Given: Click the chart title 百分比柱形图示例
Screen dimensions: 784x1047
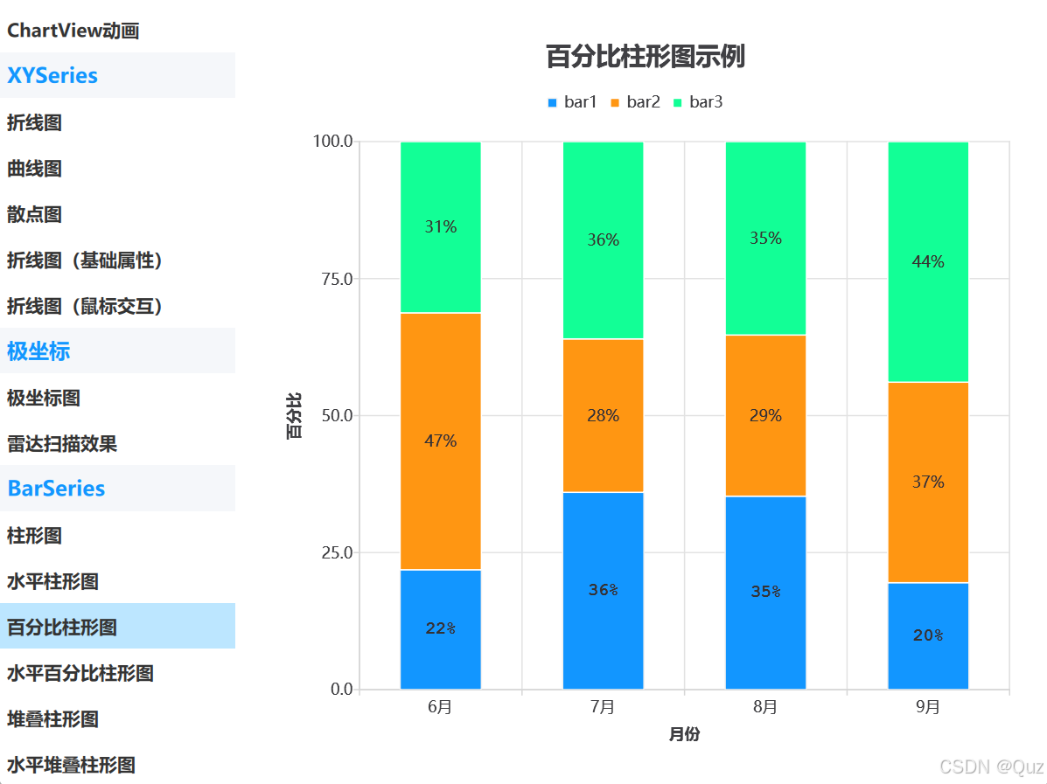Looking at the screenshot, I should point(645,58).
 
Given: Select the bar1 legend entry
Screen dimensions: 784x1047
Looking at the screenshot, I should point(572,102).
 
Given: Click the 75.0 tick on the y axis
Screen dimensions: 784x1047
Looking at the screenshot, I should point(332,279).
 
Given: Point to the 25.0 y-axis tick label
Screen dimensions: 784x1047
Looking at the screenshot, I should point(332,552).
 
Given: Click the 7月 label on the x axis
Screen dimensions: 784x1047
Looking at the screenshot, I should point(603,707).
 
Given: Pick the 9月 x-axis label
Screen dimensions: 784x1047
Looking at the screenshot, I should point(928,707).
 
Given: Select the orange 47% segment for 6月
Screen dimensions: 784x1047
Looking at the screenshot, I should point(440,441).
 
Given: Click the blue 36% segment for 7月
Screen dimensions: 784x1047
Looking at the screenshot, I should point(603,590).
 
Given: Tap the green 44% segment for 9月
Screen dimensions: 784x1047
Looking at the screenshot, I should point(928,261).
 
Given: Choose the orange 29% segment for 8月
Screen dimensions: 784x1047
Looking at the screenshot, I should point(765,416).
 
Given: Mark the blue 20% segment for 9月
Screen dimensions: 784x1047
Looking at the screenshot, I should point(928,635).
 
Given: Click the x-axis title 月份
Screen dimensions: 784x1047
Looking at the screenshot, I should point(684,735).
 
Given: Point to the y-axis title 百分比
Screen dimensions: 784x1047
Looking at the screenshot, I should point(295,416).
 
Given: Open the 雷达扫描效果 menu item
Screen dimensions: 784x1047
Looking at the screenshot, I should point(62,444).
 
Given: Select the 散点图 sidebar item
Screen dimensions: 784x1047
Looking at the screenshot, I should point(35,214).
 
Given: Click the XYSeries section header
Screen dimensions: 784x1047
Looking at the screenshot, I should point(52,76).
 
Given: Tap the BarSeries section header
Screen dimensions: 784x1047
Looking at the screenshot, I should point(56,489).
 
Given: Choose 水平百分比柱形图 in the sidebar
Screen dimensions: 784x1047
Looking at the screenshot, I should point(80,673).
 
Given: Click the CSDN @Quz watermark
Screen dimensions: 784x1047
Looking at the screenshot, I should point(991,767).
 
